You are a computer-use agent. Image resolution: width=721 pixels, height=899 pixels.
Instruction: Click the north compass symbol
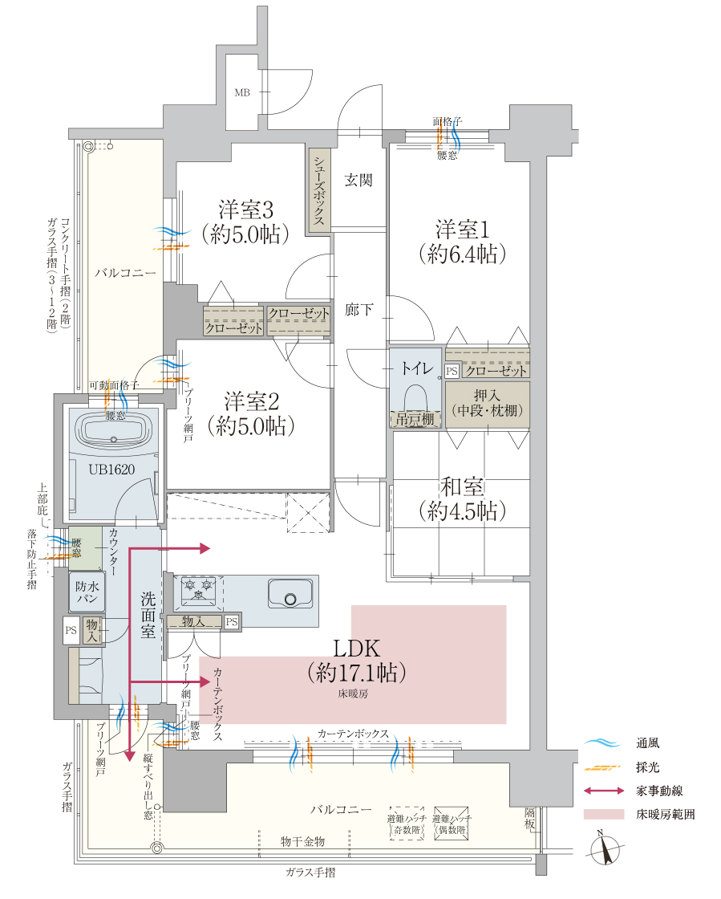point(606,851)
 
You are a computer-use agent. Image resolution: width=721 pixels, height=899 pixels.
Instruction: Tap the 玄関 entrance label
point(358,181)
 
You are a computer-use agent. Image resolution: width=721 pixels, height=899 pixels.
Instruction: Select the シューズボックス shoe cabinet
point(318,189)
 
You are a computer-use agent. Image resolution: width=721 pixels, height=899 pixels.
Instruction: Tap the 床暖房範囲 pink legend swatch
point(603,814)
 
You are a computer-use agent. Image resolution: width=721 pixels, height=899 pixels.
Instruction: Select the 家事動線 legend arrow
point(603,791)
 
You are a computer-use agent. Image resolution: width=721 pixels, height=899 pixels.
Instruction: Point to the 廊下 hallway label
point(358,309)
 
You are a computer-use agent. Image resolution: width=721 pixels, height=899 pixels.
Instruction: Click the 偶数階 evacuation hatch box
point(451,824)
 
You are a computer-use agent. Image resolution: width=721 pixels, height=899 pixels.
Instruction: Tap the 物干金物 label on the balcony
point(302,841)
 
